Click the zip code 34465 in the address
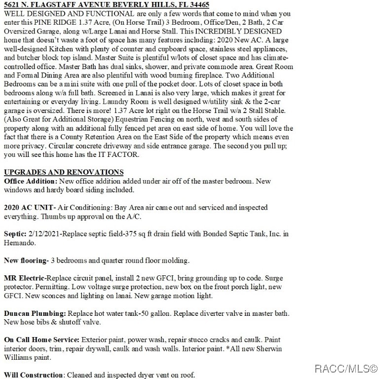197,4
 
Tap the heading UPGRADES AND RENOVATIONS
64,172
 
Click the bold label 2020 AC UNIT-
29,208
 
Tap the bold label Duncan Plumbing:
35,313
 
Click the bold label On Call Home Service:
41,340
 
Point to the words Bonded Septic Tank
236,234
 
